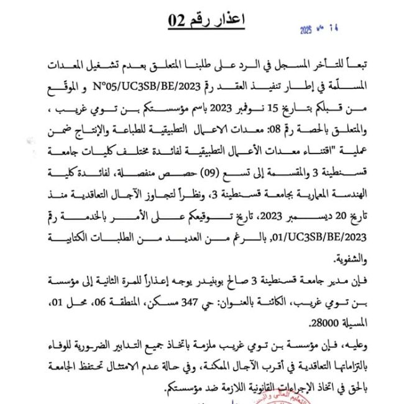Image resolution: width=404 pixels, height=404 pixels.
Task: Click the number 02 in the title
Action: point(178,21)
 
